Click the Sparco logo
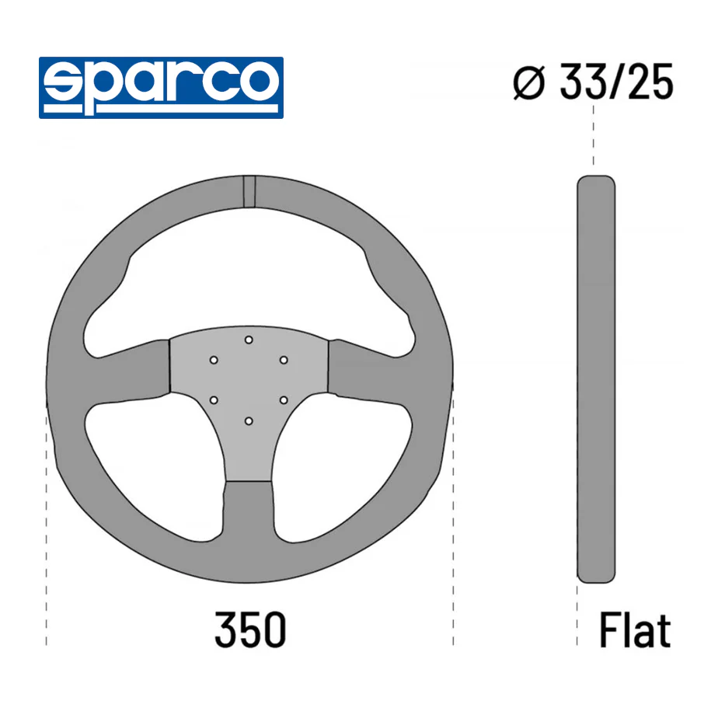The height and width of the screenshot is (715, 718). tap(161, 88)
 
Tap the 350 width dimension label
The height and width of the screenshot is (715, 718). tap(250, 630)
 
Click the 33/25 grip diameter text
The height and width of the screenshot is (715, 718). tap(616, 82)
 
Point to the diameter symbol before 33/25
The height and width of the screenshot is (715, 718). tap(529, 83)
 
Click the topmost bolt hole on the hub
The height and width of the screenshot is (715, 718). tap(249, 340)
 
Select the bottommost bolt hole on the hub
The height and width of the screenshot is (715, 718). tap(249, 421)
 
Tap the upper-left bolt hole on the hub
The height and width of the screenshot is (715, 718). tap(214, 360)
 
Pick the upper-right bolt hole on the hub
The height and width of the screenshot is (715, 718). tap(284, 360)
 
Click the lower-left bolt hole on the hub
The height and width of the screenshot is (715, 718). tap(214, 400)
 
